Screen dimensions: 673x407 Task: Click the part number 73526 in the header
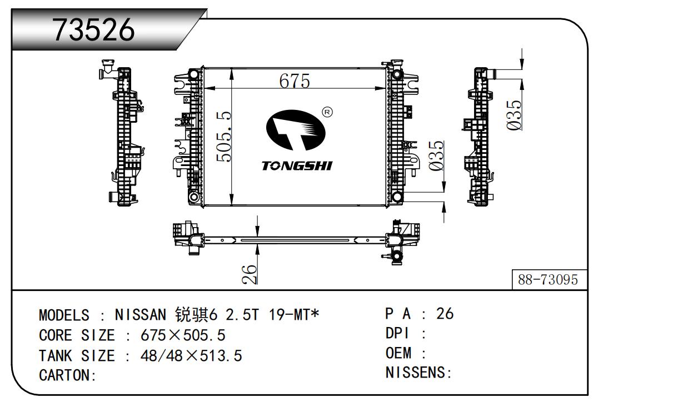tap(93, 29)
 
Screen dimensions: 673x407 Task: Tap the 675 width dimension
tap(295, 81)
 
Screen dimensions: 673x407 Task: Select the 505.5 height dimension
tap(224, 137)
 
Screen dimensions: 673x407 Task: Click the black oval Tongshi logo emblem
tap(296, 130)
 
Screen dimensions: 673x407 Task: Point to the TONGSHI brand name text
tap(297, 165)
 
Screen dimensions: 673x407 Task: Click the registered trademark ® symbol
tap(327, 112)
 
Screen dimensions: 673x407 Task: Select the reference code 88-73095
tap(548, 280)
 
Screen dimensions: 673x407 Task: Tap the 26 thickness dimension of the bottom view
tap(250, 274)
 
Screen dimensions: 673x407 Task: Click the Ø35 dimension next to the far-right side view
tap(514, 115)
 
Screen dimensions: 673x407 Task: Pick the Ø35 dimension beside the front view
tap(436, 156)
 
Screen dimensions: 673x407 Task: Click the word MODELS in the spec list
tap(64, 315)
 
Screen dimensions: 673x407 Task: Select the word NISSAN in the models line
tap(140, 315)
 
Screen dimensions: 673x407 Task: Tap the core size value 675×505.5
tap(183, 335)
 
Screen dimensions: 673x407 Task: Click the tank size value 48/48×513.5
tap(191, 356)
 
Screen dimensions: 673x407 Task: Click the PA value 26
tap(445, 314)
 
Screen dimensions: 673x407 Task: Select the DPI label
tap(397, 334)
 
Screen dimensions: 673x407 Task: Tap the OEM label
tap(398, 353)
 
